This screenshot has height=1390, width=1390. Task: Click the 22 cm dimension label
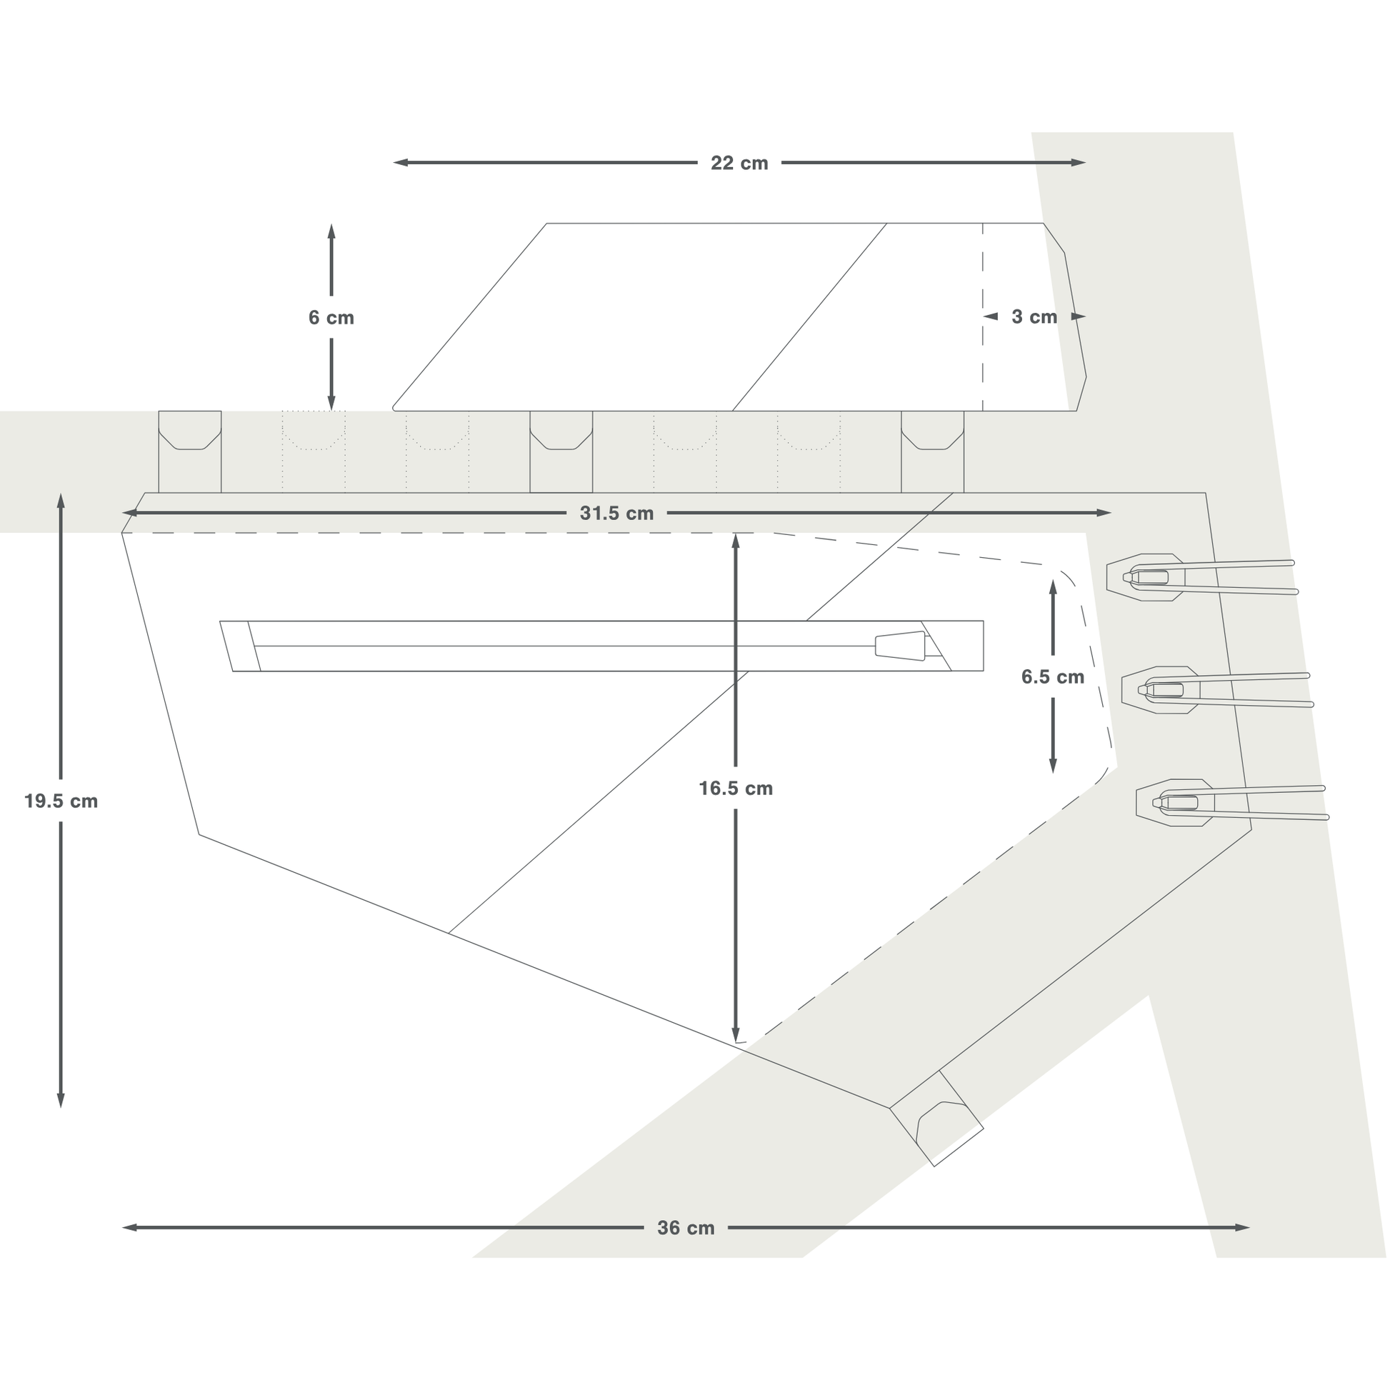pos(739,164)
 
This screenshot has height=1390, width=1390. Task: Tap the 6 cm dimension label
pos(331,317)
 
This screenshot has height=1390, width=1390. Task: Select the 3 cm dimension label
pos(1034,316)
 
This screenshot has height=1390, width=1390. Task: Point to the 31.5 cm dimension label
pos(616,513)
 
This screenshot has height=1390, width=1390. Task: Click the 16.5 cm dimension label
pos(735,789)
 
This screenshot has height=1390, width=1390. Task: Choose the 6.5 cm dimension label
pos(1052,676)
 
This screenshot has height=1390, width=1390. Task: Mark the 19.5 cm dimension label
pos(61,801)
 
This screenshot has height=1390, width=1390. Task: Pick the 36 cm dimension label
pos(686,1228)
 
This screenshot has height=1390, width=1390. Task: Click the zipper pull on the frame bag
pos(899,646)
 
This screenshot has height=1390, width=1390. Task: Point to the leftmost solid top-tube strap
pos(190,452)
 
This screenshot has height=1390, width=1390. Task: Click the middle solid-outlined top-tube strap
pos(561,452)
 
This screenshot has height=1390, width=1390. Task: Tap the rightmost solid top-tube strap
pos(932,452)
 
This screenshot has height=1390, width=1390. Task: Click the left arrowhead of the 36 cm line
pos(128,1227)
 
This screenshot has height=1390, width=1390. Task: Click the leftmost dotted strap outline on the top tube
pos(314,452)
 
